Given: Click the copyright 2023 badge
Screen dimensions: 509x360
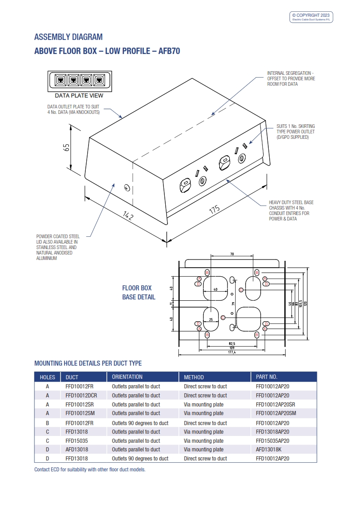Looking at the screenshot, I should click(x=311, y=17).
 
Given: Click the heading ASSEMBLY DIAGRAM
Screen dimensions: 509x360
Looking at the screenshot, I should click(x=69, y=37).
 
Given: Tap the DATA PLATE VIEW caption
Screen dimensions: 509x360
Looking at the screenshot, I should click(x=79, y=96).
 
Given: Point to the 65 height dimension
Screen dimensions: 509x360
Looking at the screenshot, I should click(x=67, y=147).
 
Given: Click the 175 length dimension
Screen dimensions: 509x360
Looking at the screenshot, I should click(x=214, y=209).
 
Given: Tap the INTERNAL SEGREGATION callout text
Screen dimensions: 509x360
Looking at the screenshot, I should click(x=291, y=78).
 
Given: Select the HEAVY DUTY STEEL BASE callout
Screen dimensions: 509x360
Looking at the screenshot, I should click(x=291, y=210).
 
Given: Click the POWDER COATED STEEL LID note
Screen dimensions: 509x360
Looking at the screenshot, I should click(x=58, y=247).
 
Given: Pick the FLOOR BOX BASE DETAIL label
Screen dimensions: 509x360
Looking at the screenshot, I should click(x=138, y=293).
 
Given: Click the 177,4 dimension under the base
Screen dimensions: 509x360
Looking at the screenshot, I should click(x=232, y=352).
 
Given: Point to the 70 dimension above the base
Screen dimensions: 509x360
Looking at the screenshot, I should click(x=232, y=254).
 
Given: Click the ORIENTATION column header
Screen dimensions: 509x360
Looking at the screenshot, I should click(x=127, y=377).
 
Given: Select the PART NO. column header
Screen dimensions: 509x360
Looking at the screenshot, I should click(x=266, y=377).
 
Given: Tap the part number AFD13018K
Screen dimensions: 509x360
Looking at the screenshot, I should click(x=270, y=450).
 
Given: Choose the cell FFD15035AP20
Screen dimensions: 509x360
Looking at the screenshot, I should click(x=272, y=440).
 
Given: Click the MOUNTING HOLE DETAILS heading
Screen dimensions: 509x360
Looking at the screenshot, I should click(x=88, y=363).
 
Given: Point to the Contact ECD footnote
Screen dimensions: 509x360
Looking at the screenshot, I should click(x=90, y=470).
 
